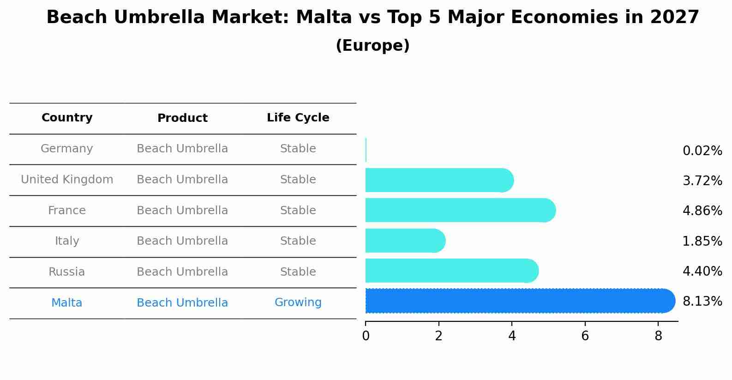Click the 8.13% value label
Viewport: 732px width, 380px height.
[702, 302]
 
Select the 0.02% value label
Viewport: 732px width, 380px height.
[702, 151]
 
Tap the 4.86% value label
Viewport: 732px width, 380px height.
[702, 211]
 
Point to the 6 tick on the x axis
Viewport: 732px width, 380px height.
[585, 336]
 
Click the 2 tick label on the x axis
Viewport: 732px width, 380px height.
[438, 336]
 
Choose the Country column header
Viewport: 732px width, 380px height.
[67, 118]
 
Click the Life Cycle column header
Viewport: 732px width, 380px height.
[298, 118]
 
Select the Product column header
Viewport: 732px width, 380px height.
[182, 118]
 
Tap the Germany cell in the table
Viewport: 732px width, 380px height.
[67, 149]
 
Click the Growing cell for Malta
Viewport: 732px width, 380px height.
[298, 302]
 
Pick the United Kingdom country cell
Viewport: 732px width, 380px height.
[67, 180]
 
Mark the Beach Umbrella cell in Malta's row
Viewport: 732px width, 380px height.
[182, 303]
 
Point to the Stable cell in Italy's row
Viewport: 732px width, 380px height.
[298, 241]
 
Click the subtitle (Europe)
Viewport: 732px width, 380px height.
[372, 46]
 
